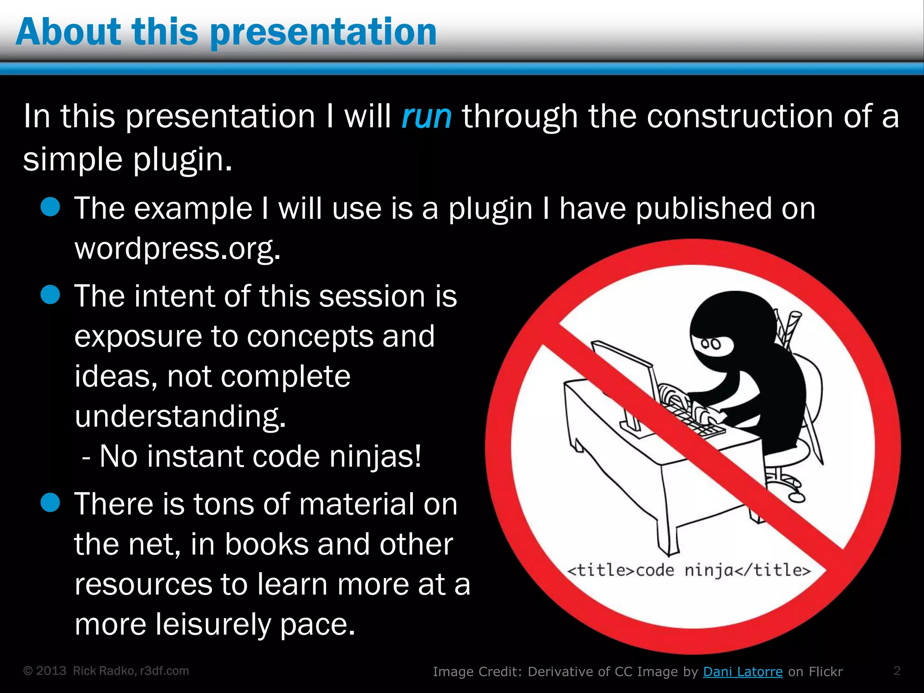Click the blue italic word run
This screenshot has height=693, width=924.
click(426, 116)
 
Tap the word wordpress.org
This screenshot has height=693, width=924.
click(177, 249)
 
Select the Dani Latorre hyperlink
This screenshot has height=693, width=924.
click(743, 671)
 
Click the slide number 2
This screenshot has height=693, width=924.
click(897, 670)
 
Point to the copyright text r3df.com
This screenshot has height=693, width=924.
click(164, 671)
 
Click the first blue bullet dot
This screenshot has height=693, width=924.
click(50, 208)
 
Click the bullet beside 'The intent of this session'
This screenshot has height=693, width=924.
click(50, 295)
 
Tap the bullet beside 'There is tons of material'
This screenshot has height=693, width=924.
click(50, 503)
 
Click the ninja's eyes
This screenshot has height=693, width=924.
click(711, 344)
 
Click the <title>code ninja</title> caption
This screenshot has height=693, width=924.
click(689, 570)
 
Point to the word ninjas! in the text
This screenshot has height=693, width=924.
click(375, 456)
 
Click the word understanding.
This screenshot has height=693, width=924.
click(180, 416)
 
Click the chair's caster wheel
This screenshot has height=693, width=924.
click(797, 497)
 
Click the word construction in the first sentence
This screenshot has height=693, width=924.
click(740, 116)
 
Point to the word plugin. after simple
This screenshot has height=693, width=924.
click(183, 160)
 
